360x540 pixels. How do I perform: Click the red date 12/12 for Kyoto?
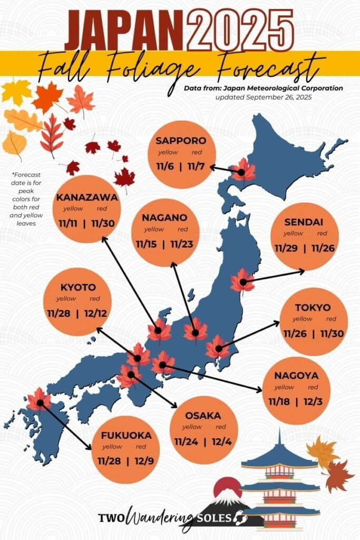pyautogui.click(x=95, y=314)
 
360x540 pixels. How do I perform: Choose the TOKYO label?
pyautogui.click(x=313, y=307)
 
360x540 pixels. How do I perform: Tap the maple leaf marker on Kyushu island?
pyautogui.click(x=39, y=401)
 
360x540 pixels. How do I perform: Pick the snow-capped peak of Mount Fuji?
pyautogui.click(x=227, y=496)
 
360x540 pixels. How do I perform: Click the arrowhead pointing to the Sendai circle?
pyautogui.click(x=302, y=272)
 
